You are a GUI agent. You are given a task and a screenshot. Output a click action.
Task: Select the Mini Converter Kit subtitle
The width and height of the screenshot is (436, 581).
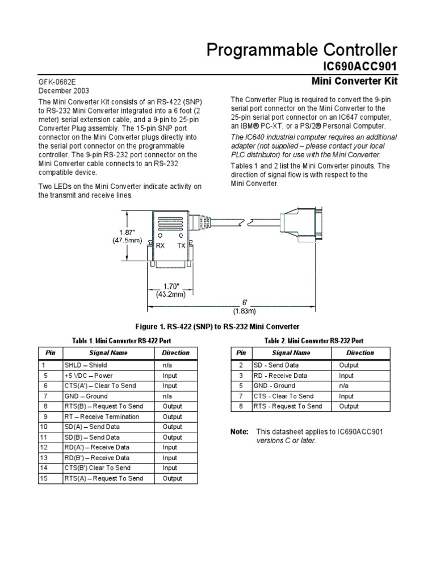[x=355, y=82]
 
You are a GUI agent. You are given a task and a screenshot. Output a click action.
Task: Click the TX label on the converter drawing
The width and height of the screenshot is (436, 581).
[x=182, y=246]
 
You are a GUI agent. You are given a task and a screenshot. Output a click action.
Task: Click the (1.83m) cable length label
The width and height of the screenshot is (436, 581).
[x=244, y=311]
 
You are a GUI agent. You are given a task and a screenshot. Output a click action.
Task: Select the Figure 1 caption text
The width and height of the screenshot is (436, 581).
[x=217, y=326]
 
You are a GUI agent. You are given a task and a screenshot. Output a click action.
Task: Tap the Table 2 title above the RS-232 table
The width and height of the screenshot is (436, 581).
[x=314, y=340]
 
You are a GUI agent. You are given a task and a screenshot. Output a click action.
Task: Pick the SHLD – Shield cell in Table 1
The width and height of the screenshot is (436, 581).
[x=85, y=365]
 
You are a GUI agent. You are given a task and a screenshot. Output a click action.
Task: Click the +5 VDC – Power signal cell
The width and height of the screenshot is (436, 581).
[x=89, y=376]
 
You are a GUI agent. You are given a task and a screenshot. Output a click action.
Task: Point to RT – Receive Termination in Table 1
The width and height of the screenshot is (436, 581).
[x=102, y=416]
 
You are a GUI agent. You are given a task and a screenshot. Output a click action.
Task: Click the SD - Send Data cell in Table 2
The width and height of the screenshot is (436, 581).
[x=276, y=365]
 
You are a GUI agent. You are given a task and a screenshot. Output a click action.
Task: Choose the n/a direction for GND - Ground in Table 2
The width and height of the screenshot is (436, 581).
[x=344, y=386]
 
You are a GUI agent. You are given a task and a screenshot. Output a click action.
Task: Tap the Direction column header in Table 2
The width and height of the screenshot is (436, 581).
[x=360, y=352]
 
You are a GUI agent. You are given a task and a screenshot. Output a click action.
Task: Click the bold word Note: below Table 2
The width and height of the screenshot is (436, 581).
[x=240, y=432]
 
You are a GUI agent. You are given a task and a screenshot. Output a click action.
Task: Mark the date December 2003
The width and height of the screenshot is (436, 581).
[x=64, y=91]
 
